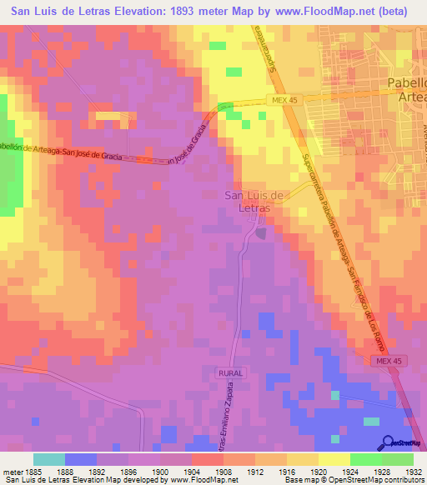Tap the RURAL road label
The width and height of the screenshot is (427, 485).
pyautogui.click(x=229, y=373)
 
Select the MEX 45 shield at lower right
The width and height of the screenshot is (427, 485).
pyautogui.click(x=385, y=359)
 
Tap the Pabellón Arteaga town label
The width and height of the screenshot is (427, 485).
pyautogui.click(x=407, y=89)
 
